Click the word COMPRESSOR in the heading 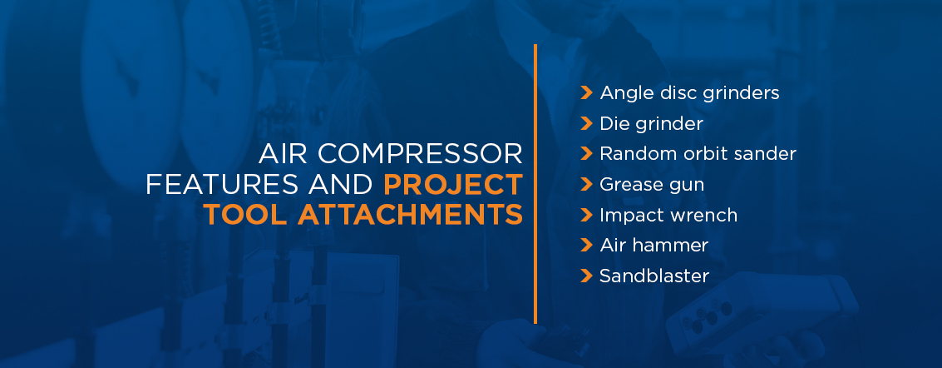coord(420,154)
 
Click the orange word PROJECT coord(453,185)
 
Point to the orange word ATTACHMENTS coord(410,215)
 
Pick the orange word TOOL coord(245,215)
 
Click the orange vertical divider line coord(535,183)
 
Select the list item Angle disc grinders coord(689,93)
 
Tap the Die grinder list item coord(651,123)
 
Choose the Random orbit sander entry coord(698,153)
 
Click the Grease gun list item coord(652,185)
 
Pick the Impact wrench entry coord(668,215)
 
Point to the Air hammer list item coord(653,245)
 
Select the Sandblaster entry coord(654,276)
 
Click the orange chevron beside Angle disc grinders coord(586,92)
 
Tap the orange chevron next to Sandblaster coord(586,276)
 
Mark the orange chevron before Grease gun coord(586,184)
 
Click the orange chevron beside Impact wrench coord(586,215)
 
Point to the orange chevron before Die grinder coord(586,123)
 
